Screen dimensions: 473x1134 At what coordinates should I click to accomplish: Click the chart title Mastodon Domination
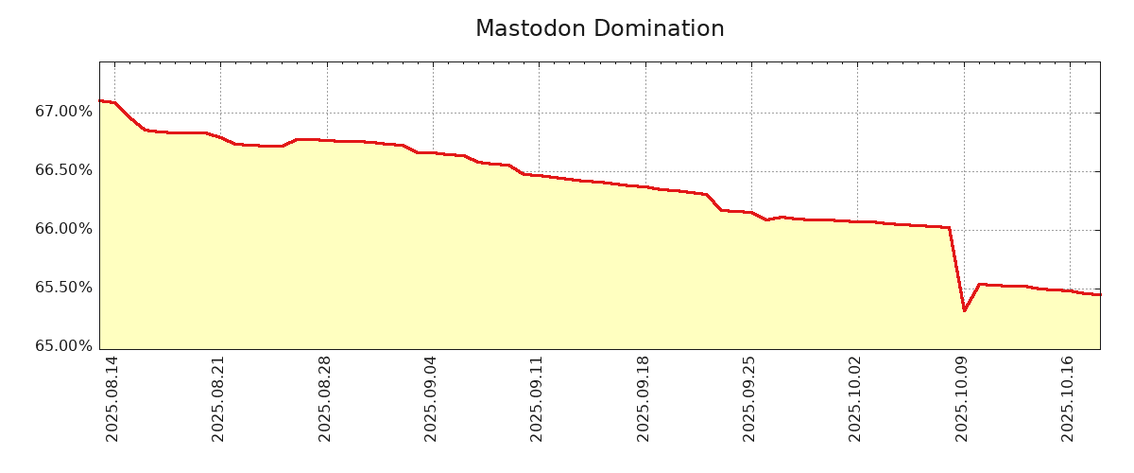click(599, 29)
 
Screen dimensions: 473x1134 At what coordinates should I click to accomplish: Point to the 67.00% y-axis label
click(64, 112)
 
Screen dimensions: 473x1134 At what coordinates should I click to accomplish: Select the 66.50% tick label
click(64, 170)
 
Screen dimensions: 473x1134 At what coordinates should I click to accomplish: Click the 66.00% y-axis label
click(64, 229)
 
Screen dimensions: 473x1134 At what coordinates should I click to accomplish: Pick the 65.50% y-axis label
click(64, 288)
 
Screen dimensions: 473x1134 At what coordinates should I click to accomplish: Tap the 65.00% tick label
click(64, 346)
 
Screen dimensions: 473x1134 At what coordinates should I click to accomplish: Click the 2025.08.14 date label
click(112, 398)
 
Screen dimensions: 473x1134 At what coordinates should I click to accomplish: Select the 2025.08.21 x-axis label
click(218, 398)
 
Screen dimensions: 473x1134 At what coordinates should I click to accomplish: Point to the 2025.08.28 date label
click(325, 398)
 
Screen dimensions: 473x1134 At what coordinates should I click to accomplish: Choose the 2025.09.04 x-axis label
click(431, 398)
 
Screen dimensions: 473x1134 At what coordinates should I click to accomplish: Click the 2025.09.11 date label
click(537, 398)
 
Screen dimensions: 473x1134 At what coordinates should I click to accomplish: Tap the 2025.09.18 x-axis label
click(644, 398)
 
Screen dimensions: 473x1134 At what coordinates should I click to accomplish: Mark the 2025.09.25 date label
click(749, 398)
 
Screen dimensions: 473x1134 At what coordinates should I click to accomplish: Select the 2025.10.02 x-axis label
click(855, 398)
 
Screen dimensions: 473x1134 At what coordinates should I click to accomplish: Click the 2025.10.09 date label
click(962, 398)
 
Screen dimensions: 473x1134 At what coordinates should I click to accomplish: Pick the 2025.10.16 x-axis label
click(1068, 398)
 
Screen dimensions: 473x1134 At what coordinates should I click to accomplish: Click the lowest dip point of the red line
click(964, 310)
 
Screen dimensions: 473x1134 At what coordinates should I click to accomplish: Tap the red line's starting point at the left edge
click(100, 100)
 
